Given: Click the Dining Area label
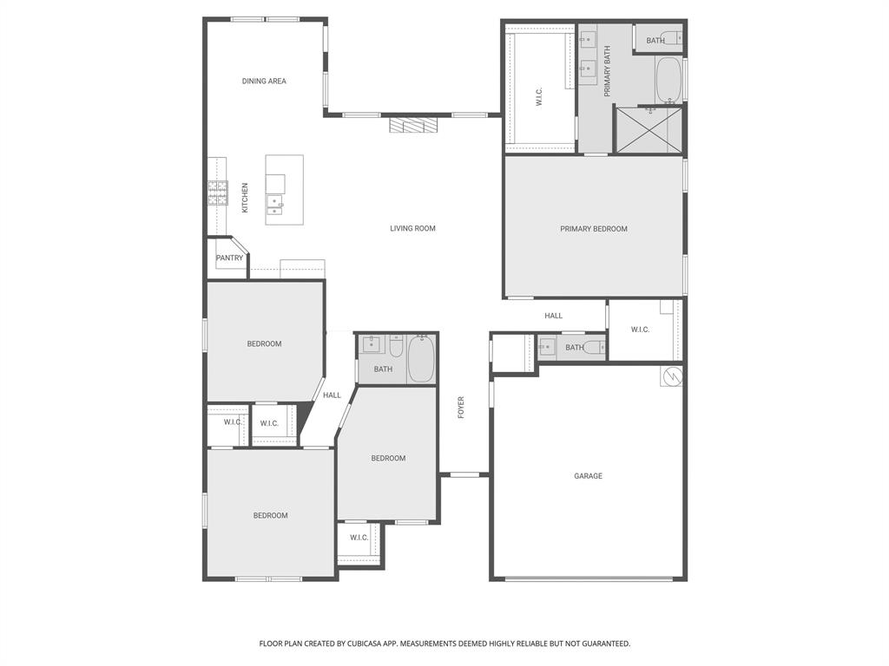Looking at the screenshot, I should point(264,82).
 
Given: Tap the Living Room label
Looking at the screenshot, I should point(412,229).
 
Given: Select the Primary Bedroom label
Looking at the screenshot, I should point(593,229).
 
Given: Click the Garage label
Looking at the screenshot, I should point(588,476).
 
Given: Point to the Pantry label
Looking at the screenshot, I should point(230,258).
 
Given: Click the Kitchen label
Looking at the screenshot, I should point(245,198).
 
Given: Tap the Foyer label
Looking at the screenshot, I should point(461,407).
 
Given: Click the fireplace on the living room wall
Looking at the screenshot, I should point(414,126).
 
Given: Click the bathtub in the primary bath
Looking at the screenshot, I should point(668,80).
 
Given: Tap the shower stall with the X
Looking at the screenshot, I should point(648,130).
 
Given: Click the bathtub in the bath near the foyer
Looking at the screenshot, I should point(421,358).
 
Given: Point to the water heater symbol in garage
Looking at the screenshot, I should point(671,376).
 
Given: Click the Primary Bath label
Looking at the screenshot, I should point(608,72).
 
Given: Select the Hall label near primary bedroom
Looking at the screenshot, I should point(553,316).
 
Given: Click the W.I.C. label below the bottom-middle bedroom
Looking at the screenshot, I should point(359,538).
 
